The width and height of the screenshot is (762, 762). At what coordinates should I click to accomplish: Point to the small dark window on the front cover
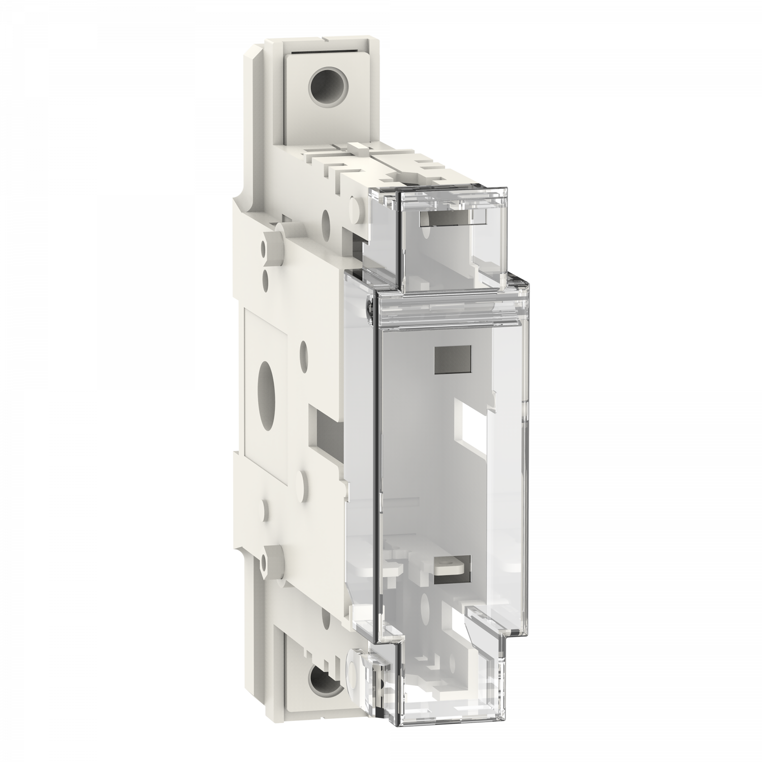point(453,359)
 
